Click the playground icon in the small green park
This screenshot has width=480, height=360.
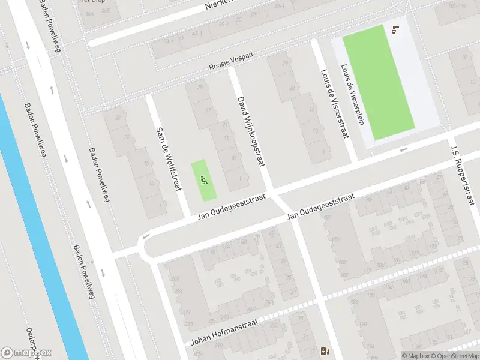[x=204, y=179]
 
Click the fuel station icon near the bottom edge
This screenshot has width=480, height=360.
[x=326, y=352]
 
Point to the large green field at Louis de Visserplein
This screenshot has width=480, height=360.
[x=378, y=81]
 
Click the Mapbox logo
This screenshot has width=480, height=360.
[x=26, y=353]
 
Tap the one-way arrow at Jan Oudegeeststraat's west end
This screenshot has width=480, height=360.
[x=144, y=238]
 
